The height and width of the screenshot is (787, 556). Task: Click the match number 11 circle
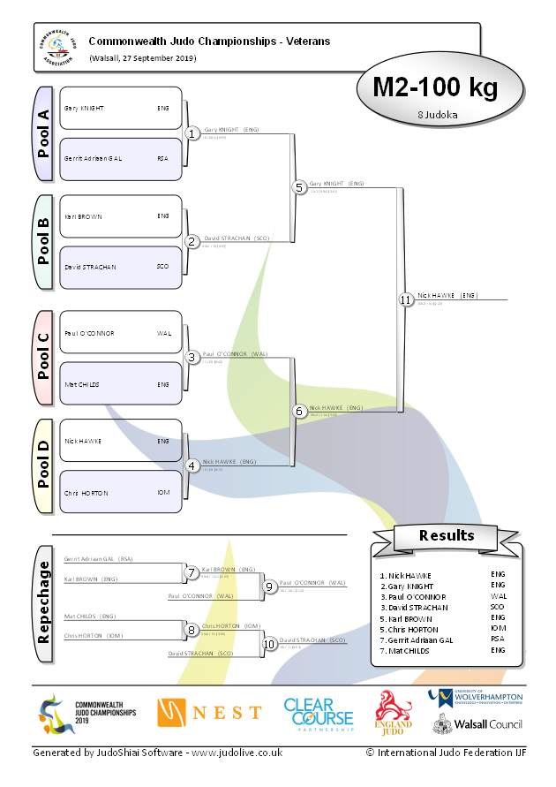[405, 300]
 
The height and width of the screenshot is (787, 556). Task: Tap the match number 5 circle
[299, 187]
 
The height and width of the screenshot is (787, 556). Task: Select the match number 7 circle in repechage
[192, 573]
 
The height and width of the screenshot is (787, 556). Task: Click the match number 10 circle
[269, 644]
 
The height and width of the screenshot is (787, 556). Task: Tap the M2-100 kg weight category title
[435, 87]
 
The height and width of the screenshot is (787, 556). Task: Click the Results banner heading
[447, 535]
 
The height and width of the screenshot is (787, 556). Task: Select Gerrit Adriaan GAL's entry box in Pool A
[120, 159]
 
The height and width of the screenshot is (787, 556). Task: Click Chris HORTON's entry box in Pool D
[120, 492]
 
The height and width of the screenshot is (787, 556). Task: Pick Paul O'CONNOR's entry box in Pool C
[120, 333]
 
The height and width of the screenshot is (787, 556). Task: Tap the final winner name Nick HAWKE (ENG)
[447, 295]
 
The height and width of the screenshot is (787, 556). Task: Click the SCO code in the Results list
[497, 608]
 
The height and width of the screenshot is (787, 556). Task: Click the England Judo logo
[394, 713]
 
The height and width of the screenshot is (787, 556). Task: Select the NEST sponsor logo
[209, 712]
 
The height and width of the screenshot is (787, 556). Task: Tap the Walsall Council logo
[476, 724]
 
